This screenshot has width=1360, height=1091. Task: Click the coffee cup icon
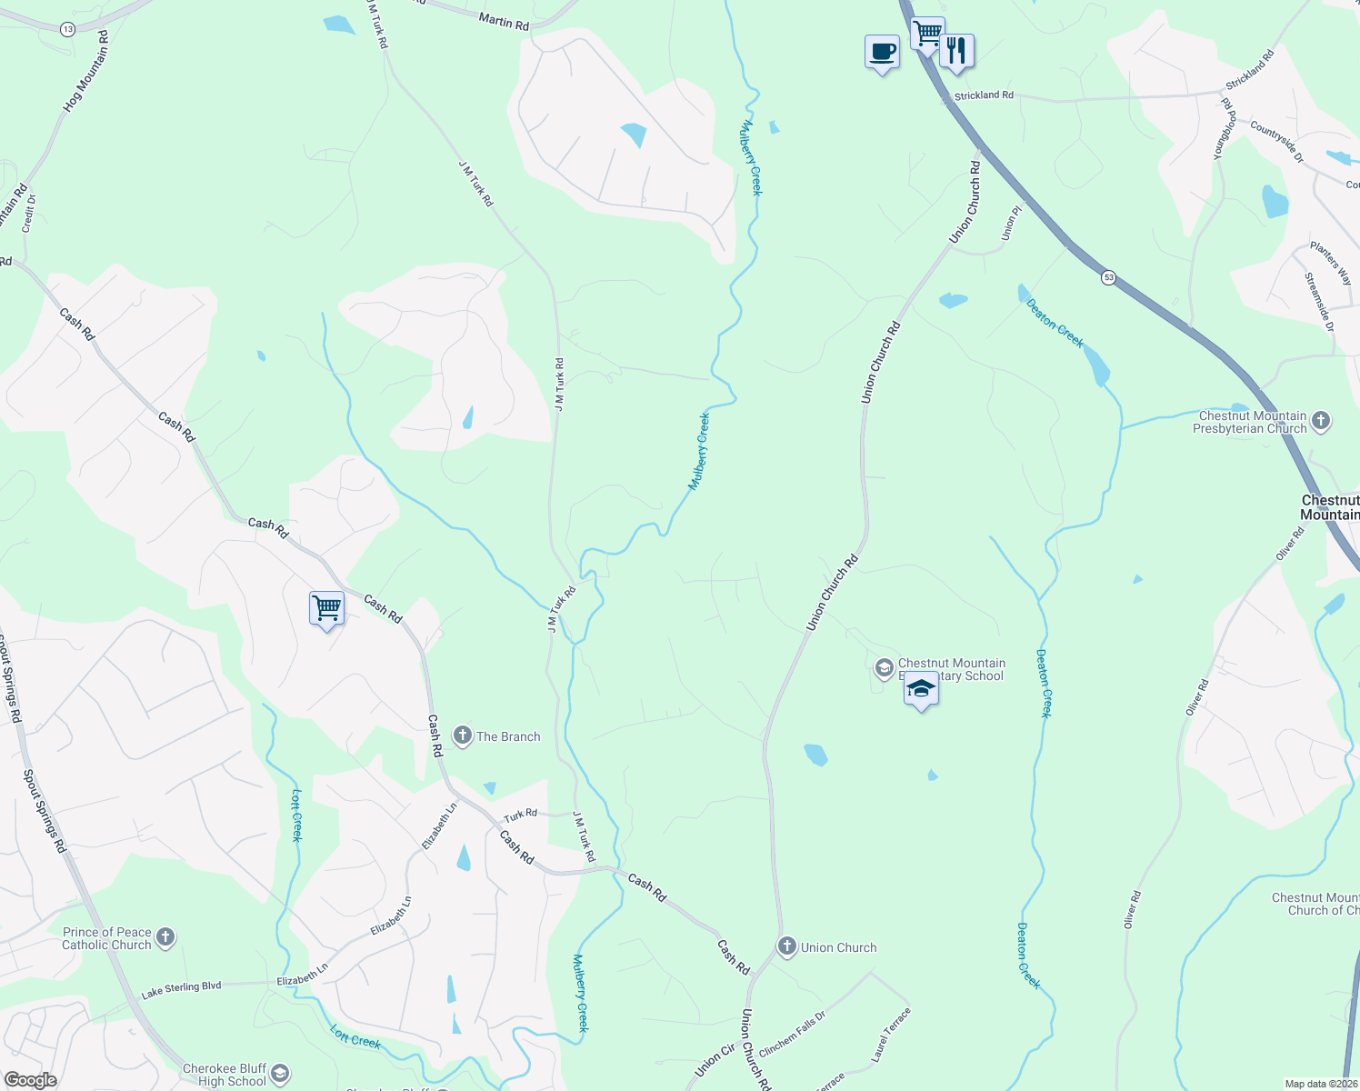point(881,52)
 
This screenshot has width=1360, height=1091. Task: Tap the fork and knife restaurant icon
point(955,50)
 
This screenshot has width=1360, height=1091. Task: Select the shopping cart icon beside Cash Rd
point(326,607)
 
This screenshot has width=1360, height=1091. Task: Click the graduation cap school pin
point(921,688)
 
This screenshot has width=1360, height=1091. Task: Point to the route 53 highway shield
point(1107,277)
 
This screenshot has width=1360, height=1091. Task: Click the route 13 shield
point(68,29)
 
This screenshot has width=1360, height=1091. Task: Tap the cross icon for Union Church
point(787,946)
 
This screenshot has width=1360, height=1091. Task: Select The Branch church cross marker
point(463,736)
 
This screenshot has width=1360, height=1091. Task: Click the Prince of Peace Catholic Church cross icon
point(165,937)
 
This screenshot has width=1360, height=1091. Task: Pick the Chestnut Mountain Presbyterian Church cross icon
point(1321,421)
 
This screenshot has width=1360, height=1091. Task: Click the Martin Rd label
point(504,21)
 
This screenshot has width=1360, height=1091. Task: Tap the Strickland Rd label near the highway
point(984,95)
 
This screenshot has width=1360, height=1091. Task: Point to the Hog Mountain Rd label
point(85,72)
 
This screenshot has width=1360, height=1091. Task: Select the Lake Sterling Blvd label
point(181,988)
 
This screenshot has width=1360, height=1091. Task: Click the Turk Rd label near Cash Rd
point(521,815)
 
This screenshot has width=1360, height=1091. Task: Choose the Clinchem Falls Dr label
point(792,1034)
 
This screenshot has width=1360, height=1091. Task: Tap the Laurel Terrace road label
point(891,1035)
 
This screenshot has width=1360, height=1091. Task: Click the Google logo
point(30,1080)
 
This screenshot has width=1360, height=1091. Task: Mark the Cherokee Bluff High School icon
point(280,1074)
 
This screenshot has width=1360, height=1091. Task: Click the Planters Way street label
point(1331,263)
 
